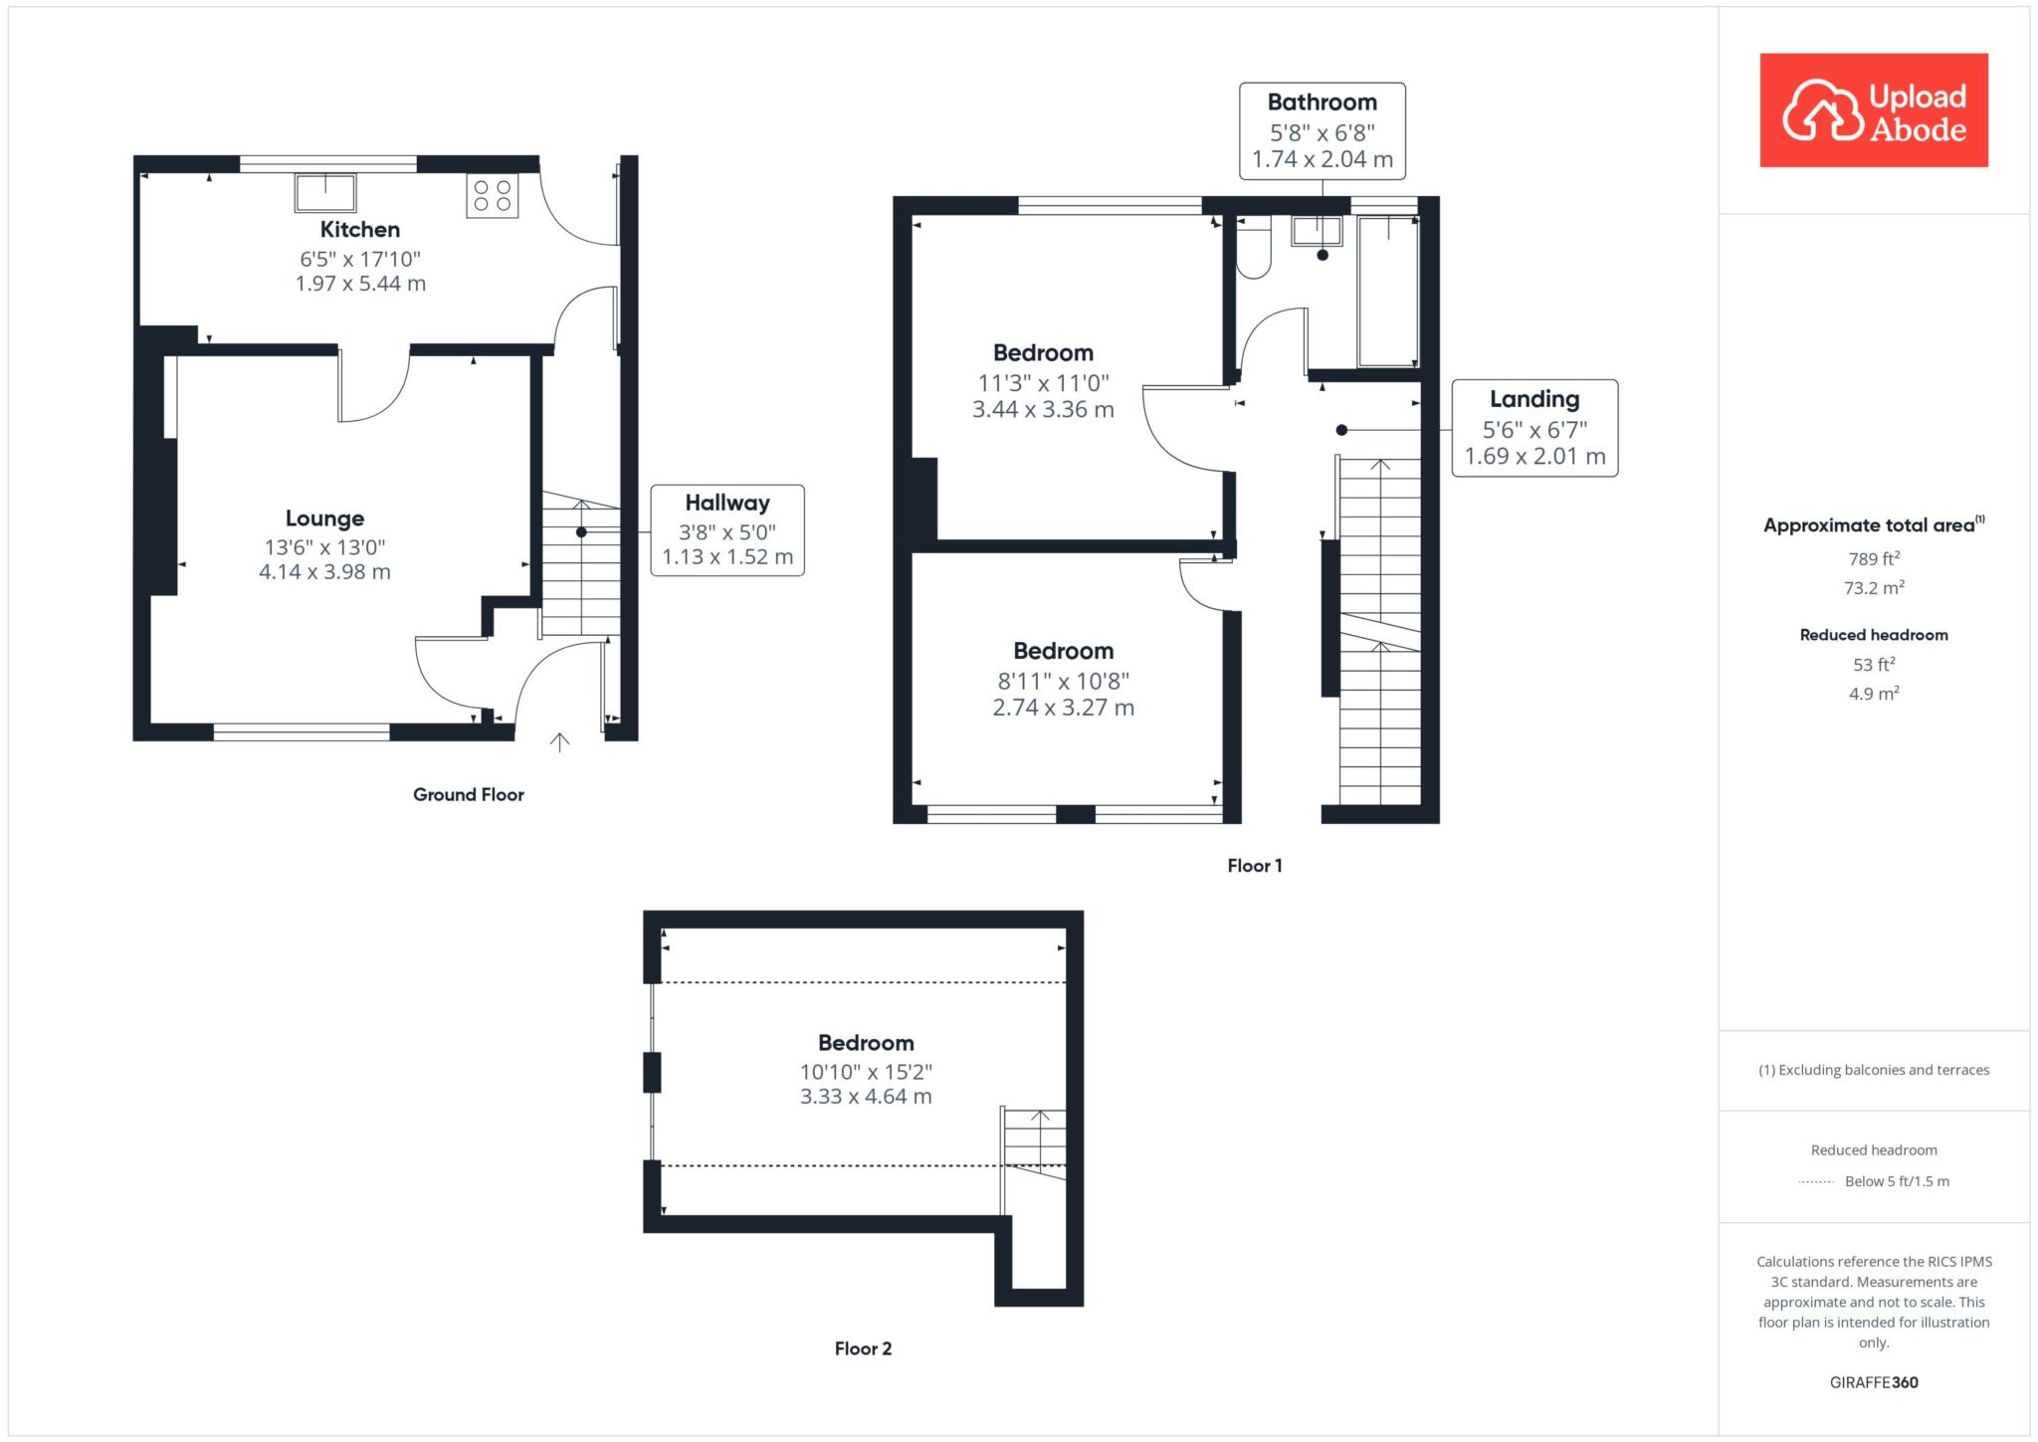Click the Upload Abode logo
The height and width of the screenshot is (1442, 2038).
click(1874, 110)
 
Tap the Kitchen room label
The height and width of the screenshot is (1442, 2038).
click(360, 230)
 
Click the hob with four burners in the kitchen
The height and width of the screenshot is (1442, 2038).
click(492, 195)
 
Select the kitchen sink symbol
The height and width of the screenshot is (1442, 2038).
click(325, 193)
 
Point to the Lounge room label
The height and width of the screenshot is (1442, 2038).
click(324, 518)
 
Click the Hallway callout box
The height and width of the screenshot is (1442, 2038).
click(727, 530)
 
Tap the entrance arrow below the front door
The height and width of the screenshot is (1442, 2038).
click(559, 741)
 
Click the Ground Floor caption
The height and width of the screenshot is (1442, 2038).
click(469, 794)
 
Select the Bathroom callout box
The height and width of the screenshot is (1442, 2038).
click(1323, 131)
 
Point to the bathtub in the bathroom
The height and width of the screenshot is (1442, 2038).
click(1388, 291)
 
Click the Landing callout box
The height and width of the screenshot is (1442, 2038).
click(1534, 428)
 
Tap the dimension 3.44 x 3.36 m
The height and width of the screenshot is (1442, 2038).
click(1043, 410)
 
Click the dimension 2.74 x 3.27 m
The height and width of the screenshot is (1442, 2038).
click(1064, 708)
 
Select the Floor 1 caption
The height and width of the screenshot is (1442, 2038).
click(1255, 866)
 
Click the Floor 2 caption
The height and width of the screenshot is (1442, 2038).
click(863, 1348)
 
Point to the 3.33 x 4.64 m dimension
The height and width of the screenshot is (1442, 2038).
click(866, 1097)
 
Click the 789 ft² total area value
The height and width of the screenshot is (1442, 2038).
click(1874, 558)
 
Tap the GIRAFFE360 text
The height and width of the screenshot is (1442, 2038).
click(1874, 1382)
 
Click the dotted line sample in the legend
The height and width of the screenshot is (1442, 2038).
click(1816, 1182)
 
